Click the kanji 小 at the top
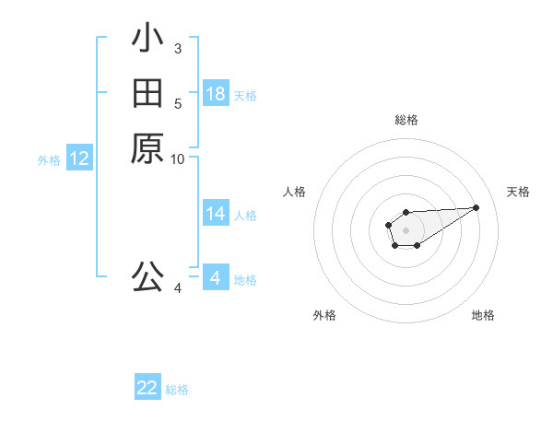pos(147,39)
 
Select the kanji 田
pos(147,94)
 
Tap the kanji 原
pos(147,149)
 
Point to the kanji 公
pos(147,276)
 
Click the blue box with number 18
pos(216,94)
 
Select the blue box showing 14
pos(216,214)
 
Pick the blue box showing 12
pos(79,158)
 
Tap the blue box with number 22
pos(147,388)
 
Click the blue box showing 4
pos(216,278)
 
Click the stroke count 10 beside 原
pos(178,159)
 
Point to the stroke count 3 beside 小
pos(177,48)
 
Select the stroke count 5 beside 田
pos(177,103)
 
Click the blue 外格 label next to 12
pos(49,159)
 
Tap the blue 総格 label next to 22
pos(177,390)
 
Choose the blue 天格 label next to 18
pos(245,95)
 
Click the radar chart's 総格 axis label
pos(406,120)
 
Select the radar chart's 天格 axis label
pos(518,192)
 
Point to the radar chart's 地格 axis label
pos(483,315)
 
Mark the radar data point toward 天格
pos(477,207)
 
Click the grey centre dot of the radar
pos(406,229)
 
